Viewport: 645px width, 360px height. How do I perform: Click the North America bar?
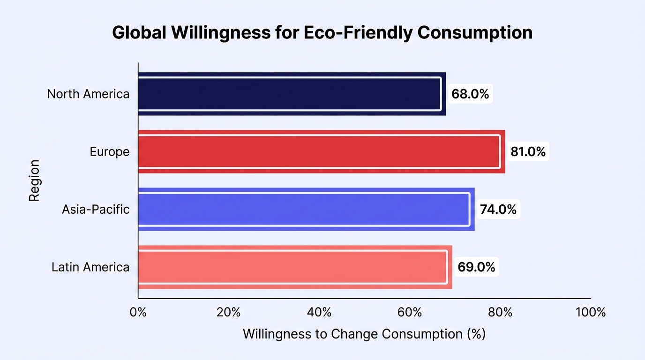coord(292,94)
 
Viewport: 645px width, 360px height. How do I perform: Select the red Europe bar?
coord(322,151)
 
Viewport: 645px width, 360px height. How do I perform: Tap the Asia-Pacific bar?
coord(307,209)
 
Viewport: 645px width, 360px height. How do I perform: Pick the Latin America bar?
coord(295,267)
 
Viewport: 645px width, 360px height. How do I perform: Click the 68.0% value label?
coord(470,94)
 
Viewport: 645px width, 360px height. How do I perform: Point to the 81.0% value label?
coord(528,151)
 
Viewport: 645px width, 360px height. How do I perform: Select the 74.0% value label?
coord(498,209)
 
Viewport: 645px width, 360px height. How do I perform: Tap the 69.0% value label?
coord(476,267)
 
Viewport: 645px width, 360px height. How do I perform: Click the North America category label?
coord(88,94)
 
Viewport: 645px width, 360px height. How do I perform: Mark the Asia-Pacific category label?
coord(96,210)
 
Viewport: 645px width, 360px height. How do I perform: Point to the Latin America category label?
coord(90,267)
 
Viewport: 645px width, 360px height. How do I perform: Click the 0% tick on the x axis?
coord(138,312)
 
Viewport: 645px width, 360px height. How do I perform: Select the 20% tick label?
coord(229,312)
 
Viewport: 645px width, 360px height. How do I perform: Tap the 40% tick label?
coord(319,312)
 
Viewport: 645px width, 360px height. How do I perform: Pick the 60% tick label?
coord(410,312)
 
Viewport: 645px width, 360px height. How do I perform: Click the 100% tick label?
coord(591,312)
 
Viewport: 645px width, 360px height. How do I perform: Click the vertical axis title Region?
coord(34,180)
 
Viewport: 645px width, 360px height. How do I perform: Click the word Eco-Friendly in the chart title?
coord(358,33)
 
